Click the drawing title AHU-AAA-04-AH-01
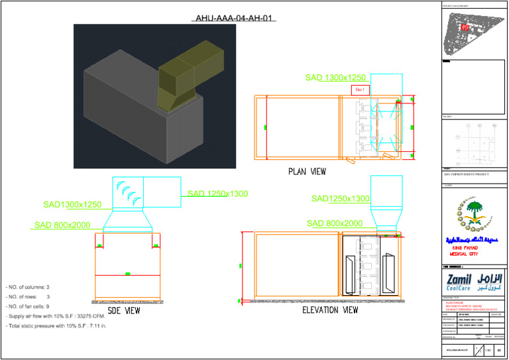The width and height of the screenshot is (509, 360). click(233, 18)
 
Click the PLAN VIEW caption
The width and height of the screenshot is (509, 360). click(307, 171)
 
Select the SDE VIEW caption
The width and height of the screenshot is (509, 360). click(124, 310)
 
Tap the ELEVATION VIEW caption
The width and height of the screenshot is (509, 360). click(330, 310)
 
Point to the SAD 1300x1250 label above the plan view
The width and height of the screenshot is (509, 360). click(336, 78)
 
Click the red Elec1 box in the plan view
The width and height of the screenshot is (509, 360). click(361, 89)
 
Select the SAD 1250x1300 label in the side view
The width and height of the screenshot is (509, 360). click(217, 194)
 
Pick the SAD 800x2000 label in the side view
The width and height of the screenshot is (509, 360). click(62, 225)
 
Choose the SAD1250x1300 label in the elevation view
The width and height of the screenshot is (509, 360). click(341, 198)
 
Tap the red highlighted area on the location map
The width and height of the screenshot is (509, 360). click(465, 27)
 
